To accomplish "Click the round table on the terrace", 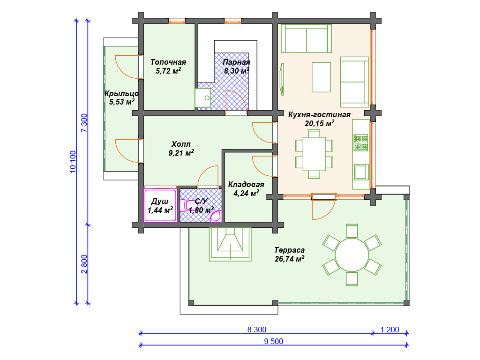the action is pos(352,255).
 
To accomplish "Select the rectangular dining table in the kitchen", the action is pos(314,154).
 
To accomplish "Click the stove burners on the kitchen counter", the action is pos(361,143).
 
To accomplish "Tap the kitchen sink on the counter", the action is pos(361,172).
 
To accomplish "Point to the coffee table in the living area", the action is pos(321,77).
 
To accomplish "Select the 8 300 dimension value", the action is pos(257,330).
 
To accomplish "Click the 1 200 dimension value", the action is pos(390,330).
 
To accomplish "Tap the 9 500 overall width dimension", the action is pos(274,341).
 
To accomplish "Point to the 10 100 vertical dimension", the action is pos(73,162).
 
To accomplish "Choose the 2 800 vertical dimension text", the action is pos(84,264).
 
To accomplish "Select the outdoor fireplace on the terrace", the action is pos(230,244).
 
